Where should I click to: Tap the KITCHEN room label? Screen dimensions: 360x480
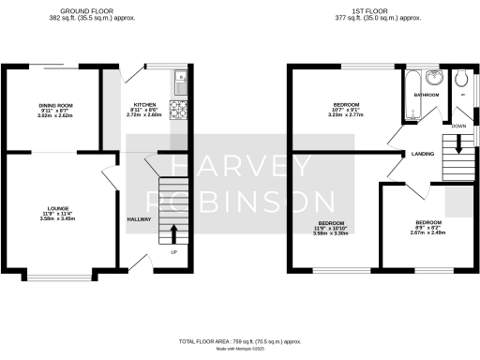tap(144, 104)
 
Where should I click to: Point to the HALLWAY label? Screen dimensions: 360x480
tap(139, 219)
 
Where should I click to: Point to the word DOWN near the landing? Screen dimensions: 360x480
tap(458, 125)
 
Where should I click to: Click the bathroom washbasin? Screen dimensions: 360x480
tap(434, 78)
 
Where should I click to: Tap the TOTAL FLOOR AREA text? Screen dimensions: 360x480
tap(240, 342)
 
